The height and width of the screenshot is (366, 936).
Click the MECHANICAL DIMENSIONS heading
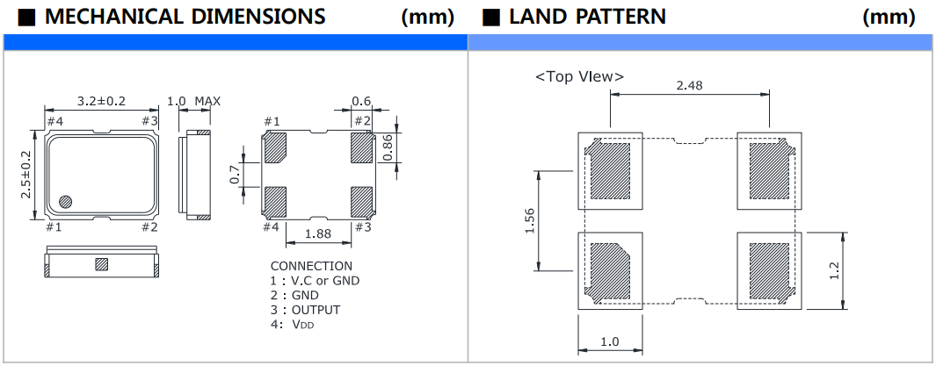[x=184, y=16]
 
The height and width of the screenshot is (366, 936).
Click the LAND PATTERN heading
[x=587, y=16]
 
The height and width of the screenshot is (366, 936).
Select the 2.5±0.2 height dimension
[x=26, y=174]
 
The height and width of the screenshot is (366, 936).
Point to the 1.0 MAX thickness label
[x=193, y=101]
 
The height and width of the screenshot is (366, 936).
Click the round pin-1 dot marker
[x=65, y=201]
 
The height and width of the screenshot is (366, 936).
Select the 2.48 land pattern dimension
[x=689, y=85]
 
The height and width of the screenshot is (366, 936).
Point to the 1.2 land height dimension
[x=834, y=270]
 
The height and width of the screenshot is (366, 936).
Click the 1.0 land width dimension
[x=610, y=341]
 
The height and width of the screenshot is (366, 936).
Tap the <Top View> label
[x=579, y=76]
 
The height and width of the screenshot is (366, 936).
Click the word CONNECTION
[x=311, y=266]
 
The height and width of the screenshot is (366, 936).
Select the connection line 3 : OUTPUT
[x=305, y=310]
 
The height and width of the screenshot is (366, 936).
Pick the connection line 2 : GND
[x=294, y=295]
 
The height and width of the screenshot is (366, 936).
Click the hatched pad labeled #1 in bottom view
[x=275, y=148]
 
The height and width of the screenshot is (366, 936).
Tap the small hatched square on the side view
[x=100, y=263]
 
